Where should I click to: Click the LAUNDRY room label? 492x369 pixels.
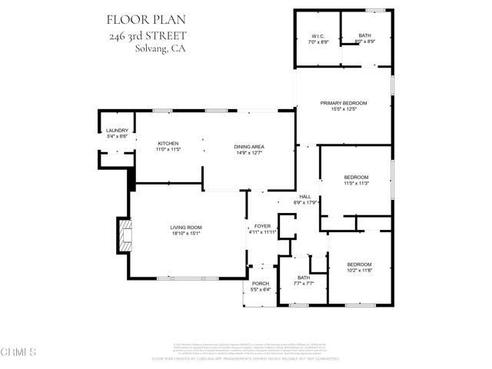pos(117,131)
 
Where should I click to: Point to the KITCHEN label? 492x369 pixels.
pos(168,144)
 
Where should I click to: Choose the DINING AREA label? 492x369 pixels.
pos(249,146)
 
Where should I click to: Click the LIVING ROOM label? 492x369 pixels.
pos(186,228)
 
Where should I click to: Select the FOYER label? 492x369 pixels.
pos(261,226)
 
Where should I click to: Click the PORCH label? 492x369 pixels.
pos(261,284)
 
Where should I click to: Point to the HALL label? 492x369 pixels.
pos(304,196)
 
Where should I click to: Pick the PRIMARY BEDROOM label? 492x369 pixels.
pos(344,103)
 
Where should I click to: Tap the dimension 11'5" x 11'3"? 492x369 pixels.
pos(356,184)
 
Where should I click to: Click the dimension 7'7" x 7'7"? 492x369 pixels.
pos(304,284)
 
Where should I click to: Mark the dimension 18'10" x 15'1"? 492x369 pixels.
pos(186,234)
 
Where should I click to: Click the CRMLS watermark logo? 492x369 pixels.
pos(19,352)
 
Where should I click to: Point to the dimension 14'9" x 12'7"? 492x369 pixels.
pos(249,152)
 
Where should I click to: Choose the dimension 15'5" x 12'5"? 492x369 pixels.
pos(344,109)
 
